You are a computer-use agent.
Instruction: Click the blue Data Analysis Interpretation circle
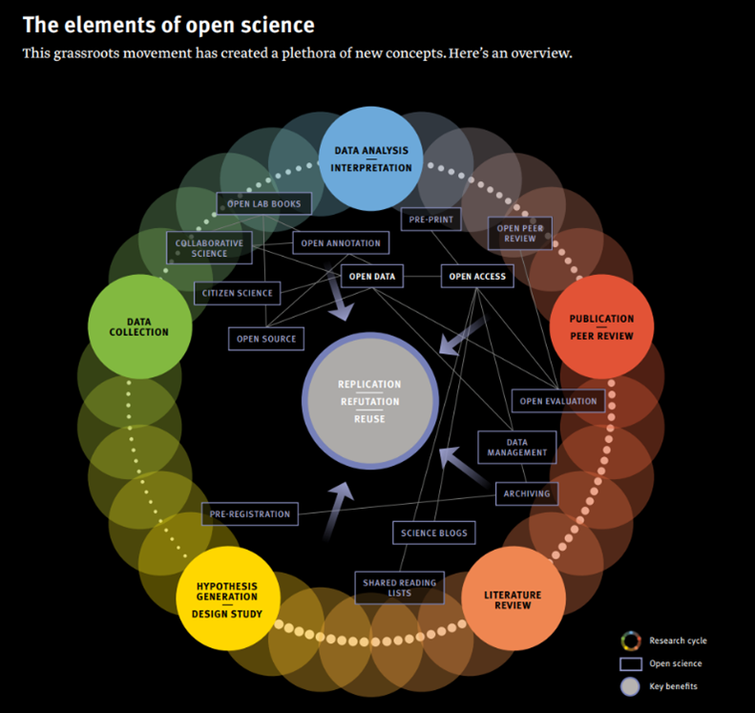point(371,158)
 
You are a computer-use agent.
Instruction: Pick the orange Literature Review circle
point(514,598)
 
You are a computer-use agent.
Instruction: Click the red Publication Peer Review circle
point(601,326)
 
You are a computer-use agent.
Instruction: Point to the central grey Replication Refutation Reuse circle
point(370,401)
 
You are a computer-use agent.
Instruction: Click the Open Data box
point(372,277)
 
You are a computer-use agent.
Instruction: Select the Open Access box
point(478,277)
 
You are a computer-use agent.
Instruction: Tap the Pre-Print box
point(430,220)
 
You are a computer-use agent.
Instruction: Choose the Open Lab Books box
point(263,203)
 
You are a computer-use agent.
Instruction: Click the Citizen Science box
point(237,293)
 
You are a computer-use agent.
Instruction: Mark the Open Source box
point(266,338)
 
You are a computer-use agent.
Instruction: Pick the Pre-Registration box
point(250,514)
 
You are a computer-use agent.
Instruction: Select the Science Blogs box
point(433,533)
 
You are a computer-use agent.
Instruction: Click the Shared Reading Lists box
point(399,587)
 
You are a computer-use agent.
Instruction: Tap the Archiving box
point(527,493)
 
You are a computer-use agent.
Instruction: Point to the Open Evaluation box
point(558,401)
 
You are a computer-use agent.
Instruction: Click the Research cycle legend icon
point(629,640)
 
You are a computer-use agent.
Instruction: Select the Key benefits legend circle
point(629,686)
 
